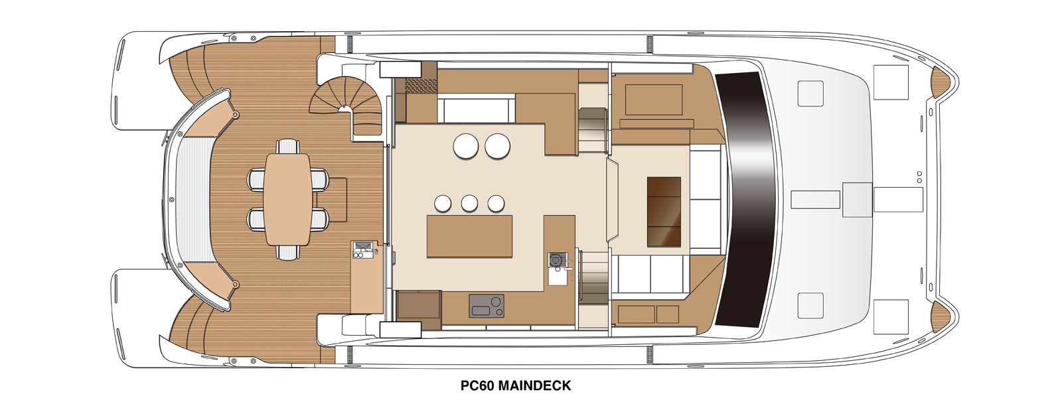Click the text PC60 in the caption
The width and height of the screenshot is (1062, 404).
click(477, 385)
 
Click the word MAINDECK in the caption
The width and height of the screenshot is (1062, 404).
click(534, 385)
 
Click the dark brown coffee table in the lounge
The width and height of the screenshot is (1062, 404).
click(664, 212)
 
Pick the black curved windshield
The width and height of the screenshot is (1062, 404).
click(744, 199)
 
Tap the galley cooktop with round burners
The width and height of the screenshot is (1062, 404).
click(487, 305)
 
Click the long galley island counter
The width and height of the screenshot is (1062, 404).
click(470, 236)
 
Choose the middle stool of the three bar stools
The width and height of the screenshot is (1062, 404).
click(469, 203)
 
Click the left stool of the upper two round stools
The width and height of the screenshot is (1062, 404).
click(465, 145)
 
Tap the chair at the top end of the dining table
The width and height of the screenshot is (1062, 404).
click(288, 146)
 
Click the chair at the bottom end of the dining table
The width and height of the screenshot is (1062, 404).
click(288, 252)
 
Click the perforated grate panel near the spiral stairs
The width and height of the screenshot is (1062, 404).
click(421, 86)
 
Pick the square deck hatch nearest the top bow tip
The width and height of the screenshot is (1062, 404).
click(891, 82)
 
